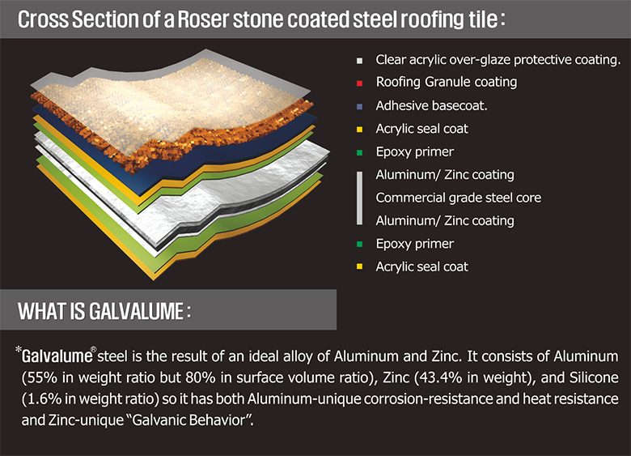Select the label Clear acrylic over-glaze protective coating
(498, 60)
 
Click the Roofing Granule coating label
(446, 82)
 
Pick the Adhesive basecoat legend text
(431, 105)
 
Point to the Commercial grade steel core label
(458, 198)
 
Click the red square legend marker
(358, 83)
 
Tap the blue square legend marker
(358, 106)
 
